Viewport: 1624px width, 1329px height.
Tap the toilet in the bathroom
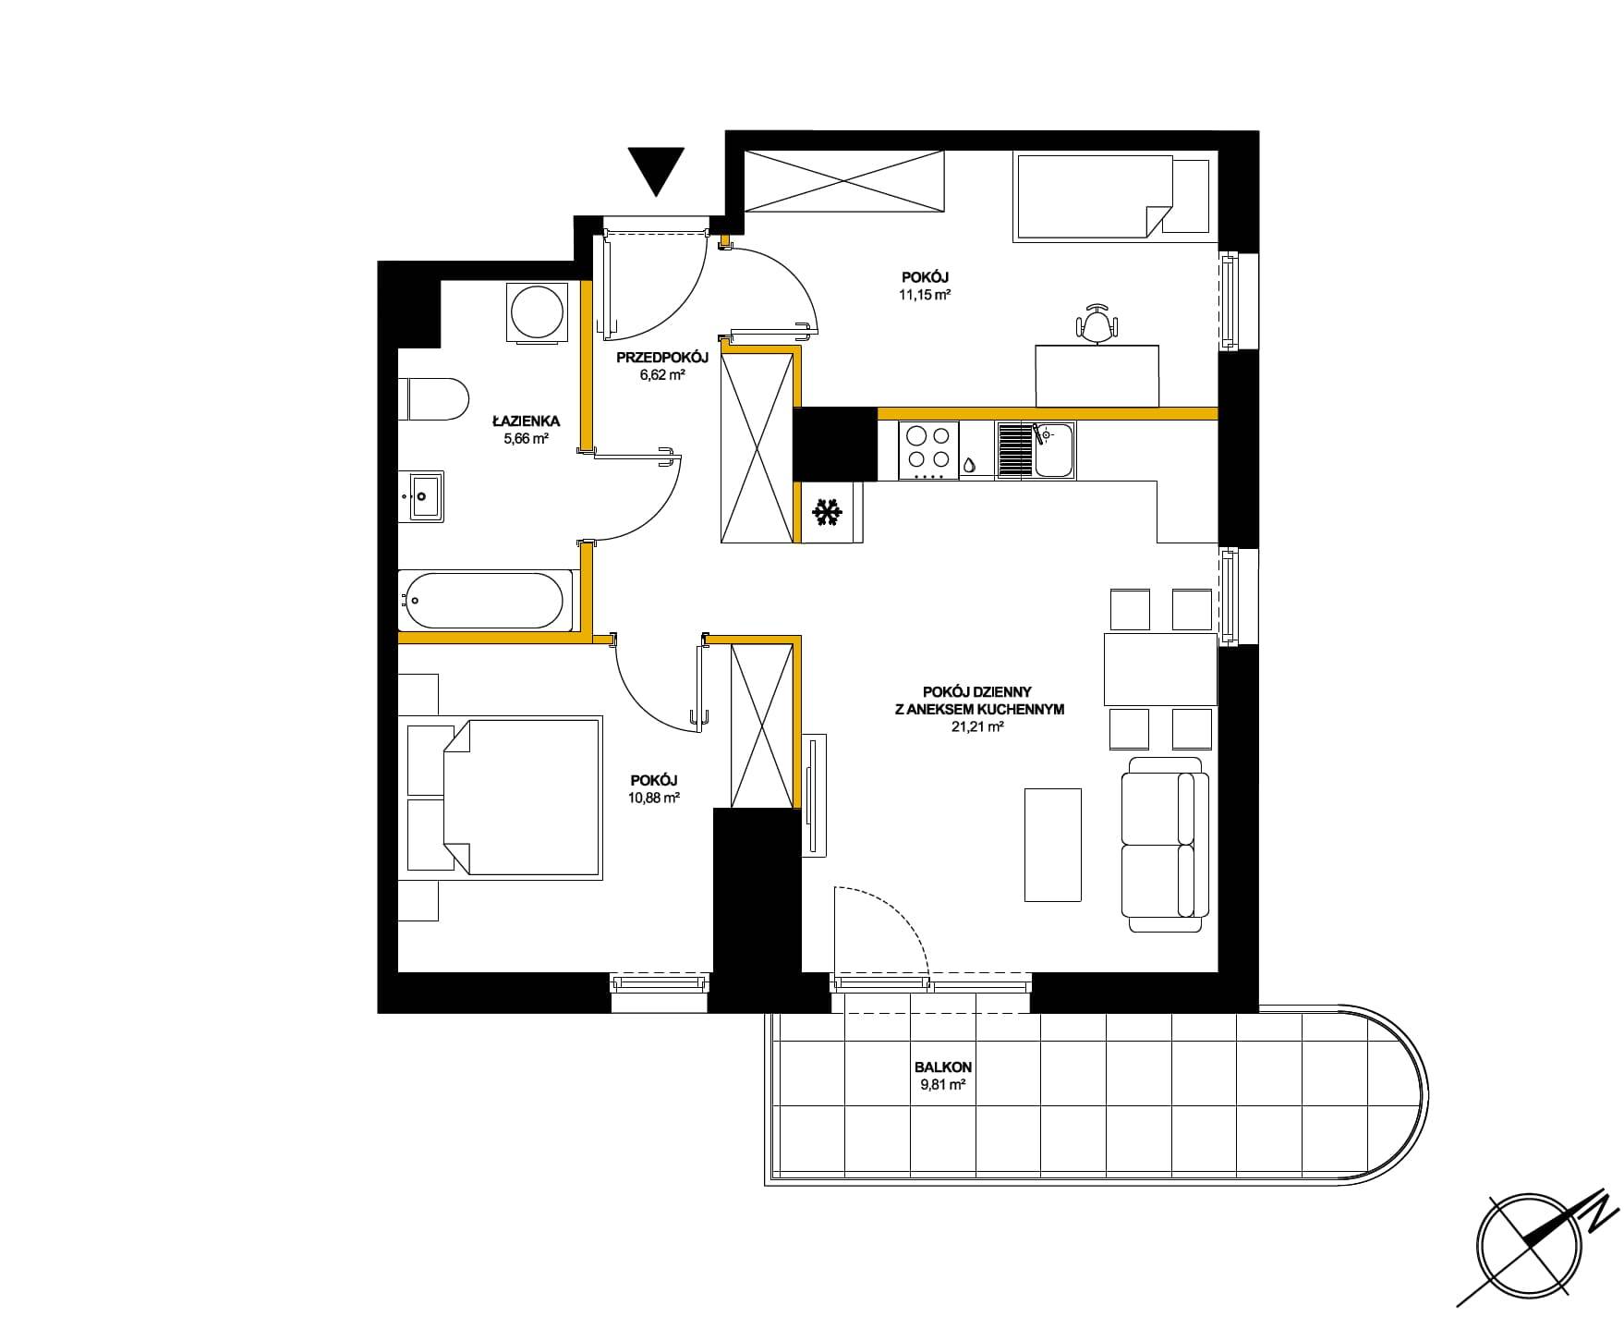(x=434, y=398)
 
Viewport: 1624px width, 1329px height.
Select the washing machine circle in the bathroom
(x=536, y=311)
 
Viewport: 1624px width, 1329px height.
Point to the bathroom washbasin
(x=421, y=496)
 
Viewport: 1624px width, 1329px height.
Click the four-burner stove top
(x=928, y=450)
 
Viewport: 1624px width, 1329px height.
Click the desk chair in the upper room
(x=1097, y=324)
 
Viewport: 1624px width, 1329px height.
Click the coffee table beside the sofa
(x=1052, y=844)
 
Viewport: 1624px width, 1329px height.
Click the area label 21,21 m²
(x=976, y=727)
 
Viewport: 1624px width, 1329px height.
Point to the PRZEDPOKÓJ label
(x=662, y=358)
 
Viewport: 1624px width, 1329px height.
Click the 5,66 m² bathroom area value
(x=526, y=440)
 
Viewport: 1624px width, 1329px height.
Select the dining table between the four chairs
(x=1160, y=669)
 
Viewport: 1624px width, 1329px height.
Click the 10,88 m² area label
(x=654, y=798)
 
